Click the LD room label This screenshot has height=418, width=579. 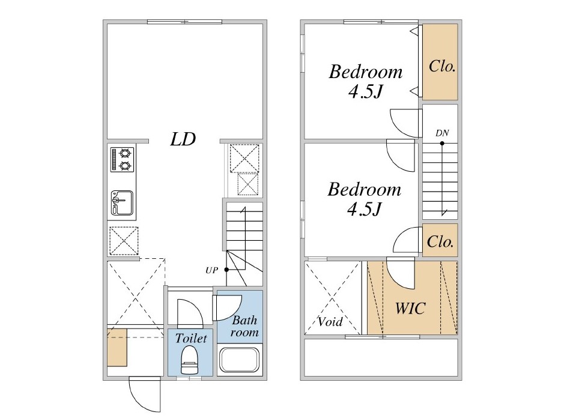[x=183, y=139]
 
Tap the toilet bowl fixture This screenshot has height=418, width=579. [x=190, y=360]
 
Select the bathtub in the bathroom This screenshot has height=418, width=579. [x=240, y=360]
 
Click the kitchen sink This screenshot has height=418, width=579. [x=122, y=203]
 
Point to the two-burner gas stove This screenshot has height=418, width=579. [x=122, y=160]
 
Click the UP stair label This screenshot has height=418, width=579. [x=211, y=270]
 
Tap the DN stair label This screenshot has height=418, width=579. [x=442, y=133]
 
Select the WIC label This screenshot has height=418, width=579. [x=410, y=308]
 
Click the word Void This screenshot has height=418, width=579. [x=330, y=322]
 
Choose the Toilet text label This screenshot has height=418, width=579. [x=191, y=338]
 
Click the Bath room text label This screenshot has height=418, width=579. [x=244, y=326]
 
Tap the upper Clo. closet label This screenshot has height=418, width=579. [x=441, y=66]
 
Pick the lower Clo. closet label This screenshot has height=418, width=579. [x=440, y=241]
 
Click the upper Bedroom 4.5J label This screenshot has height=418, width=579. [x=365, y=81]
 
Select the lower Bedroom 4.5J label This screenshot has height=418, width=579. [x=364, y=199]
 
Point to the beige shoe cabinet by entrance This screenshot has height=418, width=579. [x=117, y=347]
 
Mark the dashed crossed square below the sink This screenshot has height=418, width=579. [x=124, y=241]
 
